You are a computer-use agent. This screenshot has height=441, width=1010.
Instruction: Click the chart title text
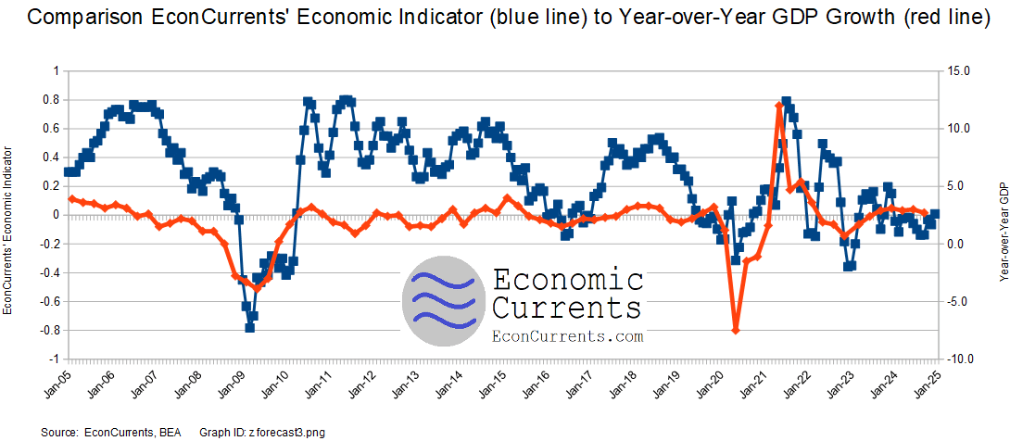(505, 20)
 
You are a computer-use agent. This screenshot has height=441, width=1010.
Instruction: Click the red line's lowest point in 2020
(736, 330)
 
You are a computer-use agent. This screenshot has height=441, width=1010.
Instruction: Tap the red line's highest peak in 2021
(778, 106)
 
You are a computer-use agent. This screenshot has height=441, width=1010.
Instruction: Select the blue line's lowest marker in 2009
(250, 327)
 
